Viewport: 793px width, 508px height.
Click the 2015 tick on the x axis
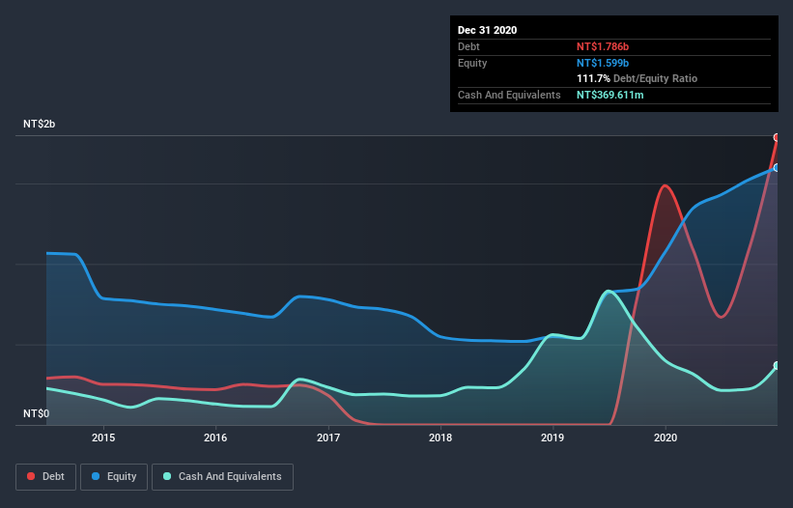[103, 437]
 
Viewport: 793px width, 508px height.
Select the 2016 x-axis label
[215, 437]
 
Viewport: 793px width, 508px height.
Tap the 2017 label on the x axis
[328, 437]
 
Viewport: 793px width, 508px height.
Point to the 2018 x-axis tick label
[440, 437]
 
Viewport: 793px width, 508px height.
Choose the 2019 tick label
[553, 437]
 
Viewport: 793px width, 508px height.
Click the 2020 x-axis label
[666, 437]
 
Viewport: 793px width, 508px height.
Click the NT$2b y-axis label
[39, 125]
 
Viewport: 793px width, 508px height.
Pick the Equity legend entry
[114, 476]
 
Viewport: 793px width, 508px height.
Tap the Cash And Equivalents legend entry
[222, 476]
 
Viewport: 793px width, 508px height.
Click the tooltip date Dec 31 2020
[487, 30]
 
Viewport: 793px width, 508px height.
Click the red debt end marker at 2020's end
[777, 137]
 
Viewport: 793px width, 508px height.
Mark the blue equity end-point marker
[777, 167]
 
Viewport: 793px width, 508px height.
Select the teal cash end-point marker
[777, 365]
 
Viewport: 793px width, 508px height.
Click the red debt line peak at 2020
[665, 185]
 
